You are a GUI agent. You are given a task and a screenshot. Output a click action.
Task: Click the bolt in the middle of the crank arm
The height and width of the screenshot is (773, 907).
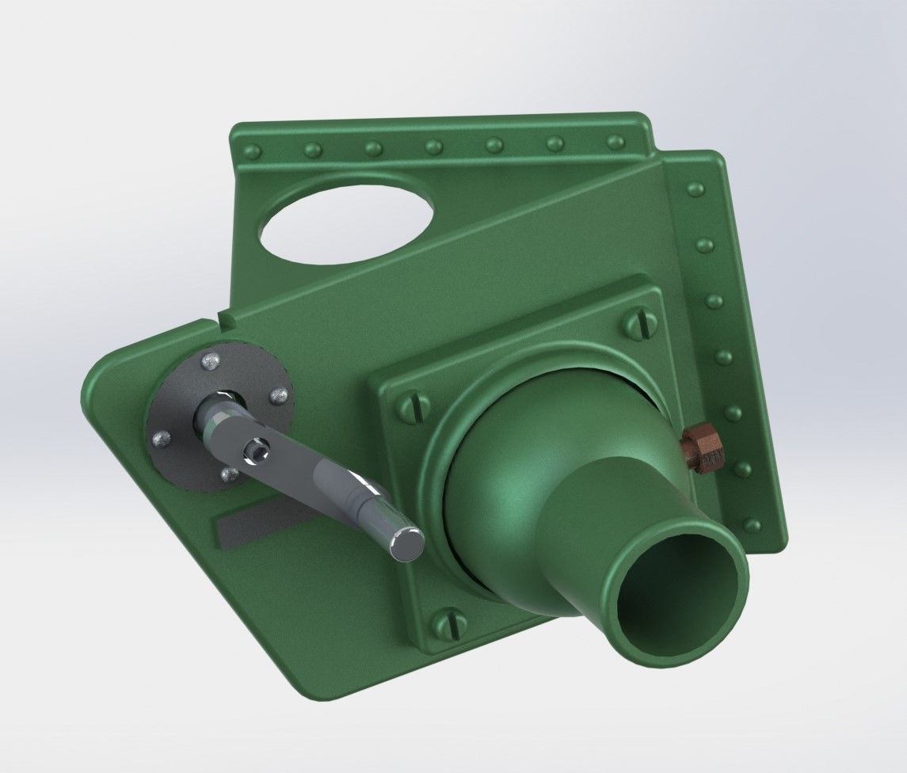pos(256,451)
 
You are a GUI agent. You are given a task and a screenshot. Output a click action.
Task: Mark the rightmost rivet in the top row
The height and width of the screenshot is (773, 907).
pos(615,142)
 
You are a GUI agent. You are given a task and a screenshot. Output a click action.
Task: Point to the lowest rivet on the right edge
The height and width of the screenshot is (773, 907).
pos(752,525)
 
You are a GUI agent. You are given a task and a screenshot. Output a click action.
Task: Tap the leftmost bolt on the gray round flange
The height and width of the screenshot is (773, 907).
pos(160,437)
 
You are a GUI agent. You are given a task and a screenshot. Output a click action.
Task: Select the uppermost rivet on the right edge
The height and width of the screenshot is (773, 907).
pos(695,188)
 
